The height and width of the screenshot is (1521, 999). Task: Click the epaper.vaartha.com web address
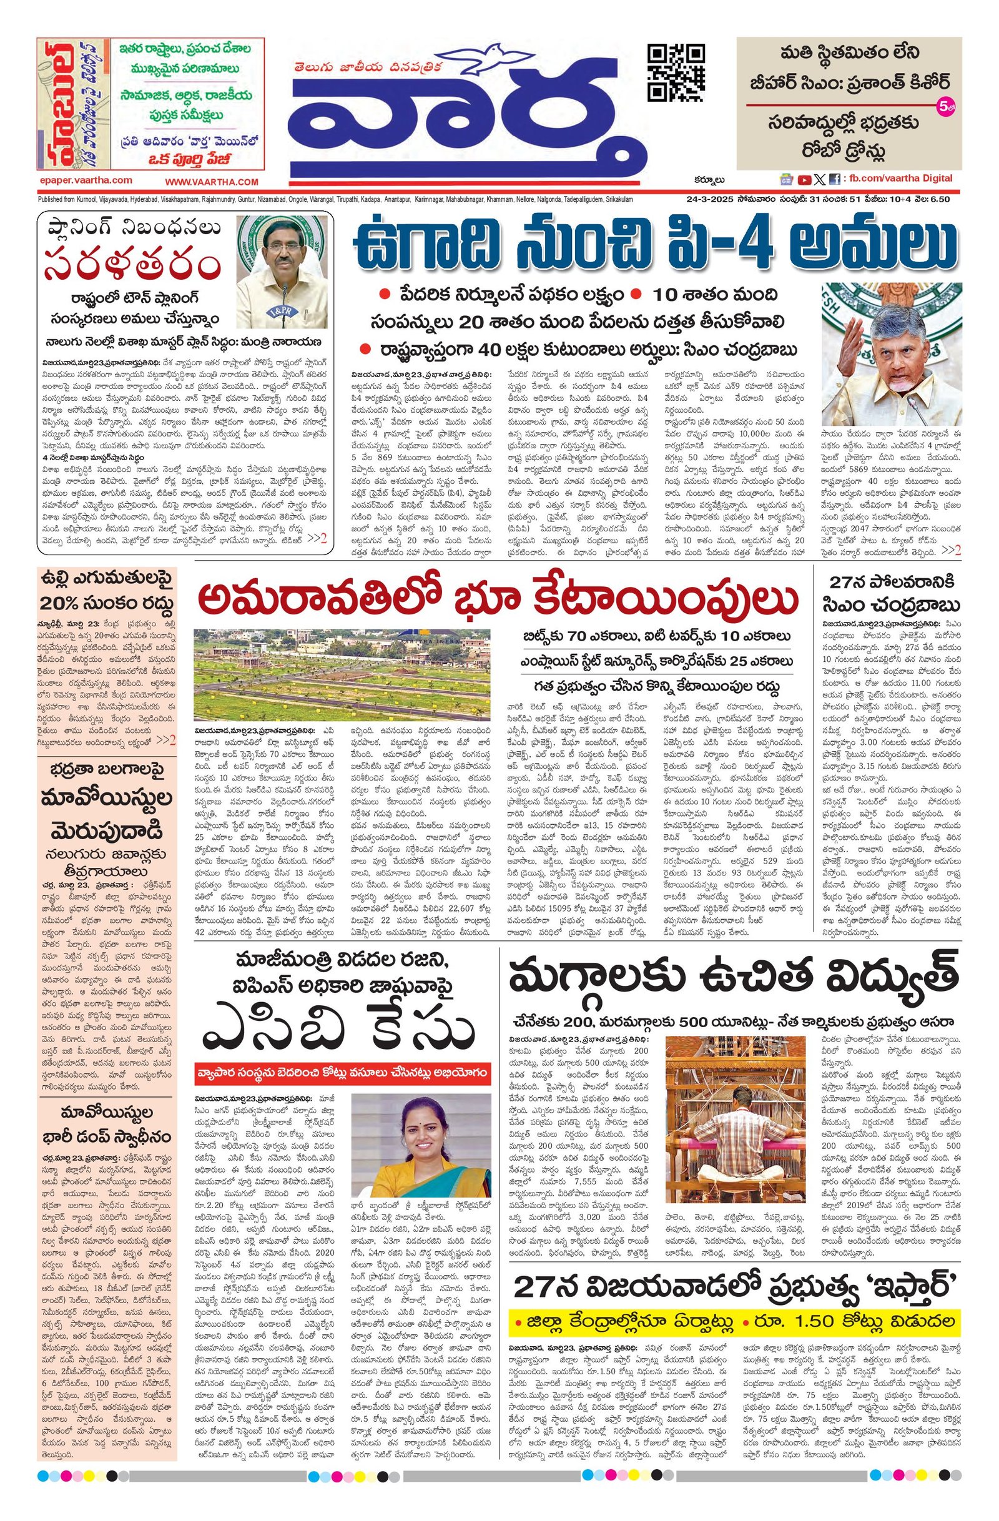tap(84, 180)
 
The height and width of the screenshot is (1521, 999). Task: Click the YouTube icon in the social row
tap(804, 179)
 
